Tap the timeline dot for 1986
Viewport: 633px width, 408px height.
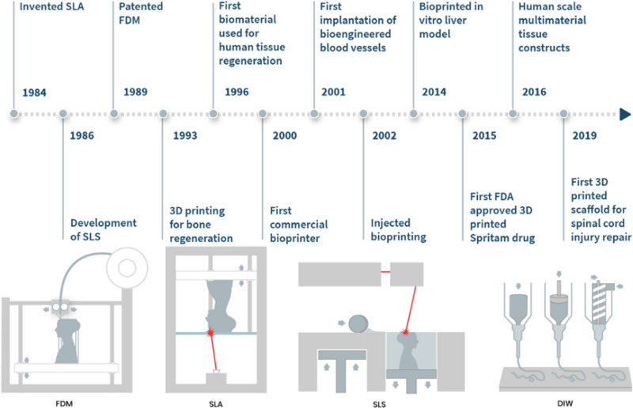tap(63, 114)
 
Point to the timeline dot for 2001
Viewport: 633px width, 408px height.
tap(314, 114)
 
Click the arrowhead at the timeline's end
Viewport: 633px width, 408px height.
tap(625, 114)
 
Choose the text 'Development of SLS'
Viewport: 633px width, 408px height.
tap(103, 230)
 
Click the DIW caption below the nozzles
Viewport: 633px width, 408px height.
tap(565, 401)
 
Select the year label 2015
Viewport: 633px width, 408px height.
tap(484, 136)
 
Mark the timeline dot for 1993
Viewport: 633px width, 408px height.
tap(163, 114)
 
